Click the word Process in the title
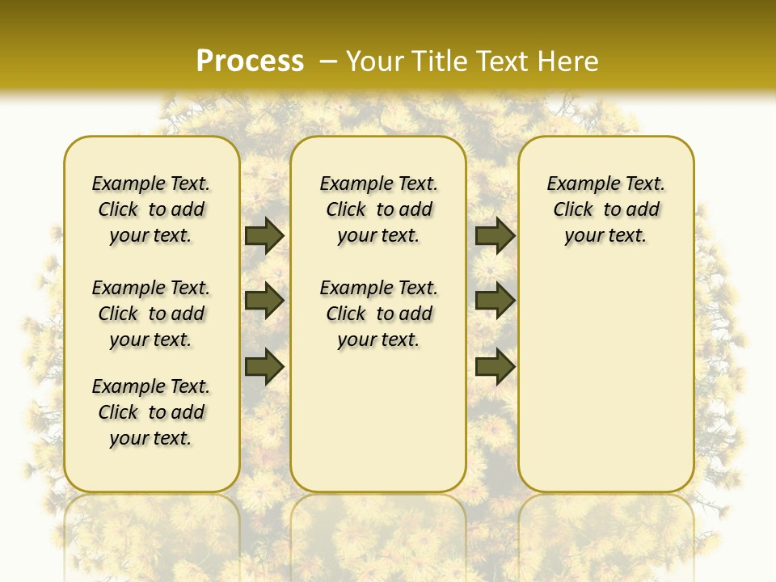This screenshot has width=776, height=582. [x=250, y=61]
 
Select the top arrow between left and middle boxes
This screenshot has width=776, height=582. [x=264, y=235]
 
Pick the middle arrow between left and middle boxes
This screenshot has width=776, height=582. [x=264, y=301]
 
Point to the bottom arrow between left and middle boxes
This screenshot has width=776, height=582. [x=264, y=366]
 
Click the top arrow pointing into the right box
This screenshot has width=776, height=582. [x=495, y=235]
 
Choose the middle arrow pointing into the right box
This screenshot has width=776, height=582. [x=495, y=301]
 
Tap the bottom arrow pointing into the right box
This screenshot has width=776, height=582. [x=495, y=366]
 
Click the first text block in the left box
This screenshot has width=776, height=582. [x=151, y=209]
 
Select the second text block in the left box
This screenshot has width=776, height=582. [x=151, y=314]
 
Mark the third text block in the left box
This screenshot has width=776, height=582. [x=151, y=412]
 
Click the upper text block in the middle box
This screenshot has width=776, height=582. [x=378, y=209]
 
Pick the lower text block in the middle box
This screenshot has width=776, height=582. [x=378, y=314]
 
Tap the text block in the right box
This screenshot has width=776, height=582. [x=605, y=209]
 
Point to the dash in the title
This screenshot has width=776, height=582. [x=328, y=61]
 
